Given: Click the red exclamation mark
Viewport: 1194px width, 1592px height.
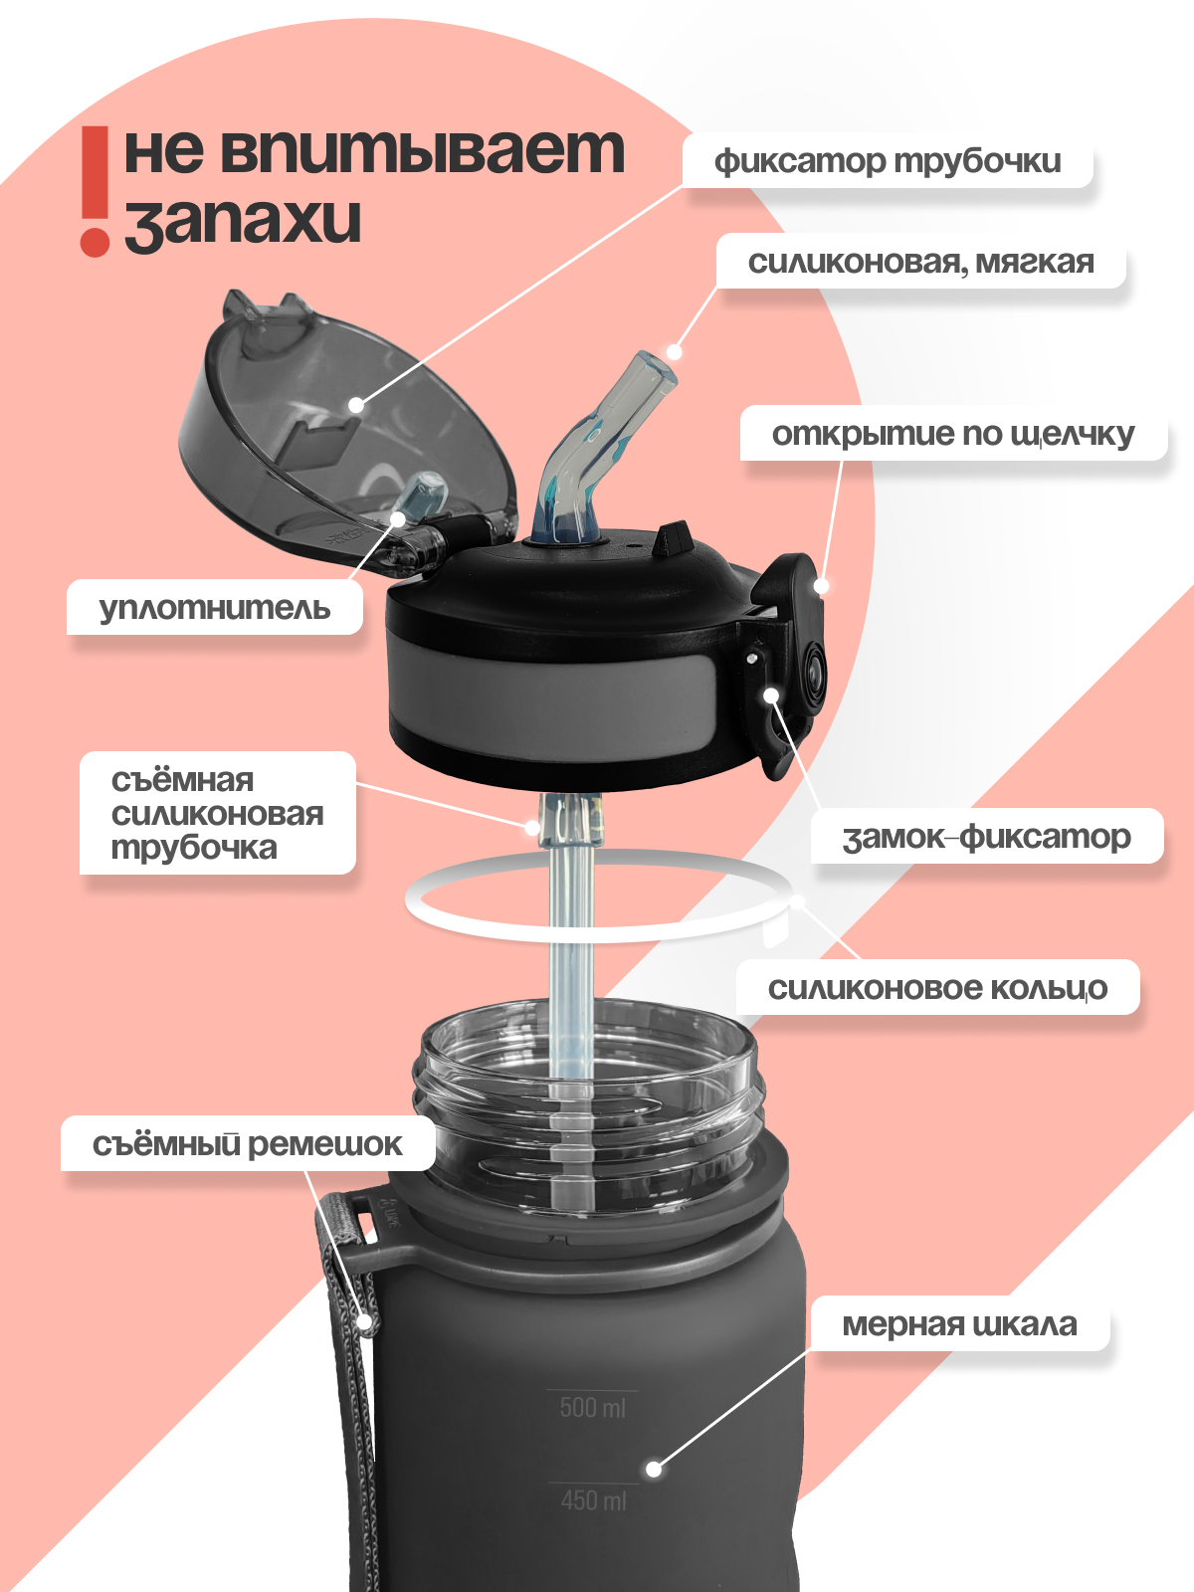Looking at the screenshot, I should click(x=96, y=189).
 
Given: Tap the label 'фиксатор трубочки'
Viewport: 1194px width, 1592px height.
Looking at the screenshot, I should click(x=888, y=160).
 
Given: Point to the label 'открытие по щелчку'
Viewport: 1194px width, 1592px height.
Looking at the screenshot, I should click(x=952, y=434).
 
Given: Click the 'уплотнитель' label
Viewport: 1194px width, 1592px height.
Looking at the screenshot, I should click(x=214, y=607).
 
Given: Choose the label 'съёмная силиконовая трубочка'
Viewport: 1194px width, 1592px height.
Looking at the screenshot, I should click(x=217, y=813).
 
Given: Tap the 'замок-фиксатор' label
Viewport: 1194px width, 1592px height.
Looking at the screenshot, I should click(x=986, y=836).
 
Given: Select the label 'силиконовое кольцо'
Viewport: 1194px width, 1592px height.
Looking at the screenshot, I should click(x=936, y=987).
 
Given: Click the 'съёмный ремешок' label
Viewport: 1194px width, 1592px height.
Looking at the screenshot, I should click(x=247, y=1143).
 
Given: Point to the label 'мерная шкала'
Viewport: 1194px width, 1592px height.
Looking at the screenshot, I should click(x=959, y=1323).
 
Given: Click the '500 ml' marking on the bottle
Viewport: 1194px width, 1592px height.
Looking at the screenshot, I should click(x=592, y=1407).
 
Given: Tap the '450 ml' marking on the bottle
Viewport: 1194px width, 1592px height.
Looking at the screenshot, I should click(x=593, y=1499).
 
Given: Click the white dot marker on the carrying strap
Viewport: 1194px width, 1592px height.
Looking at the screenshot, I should click(x=366, y=1322).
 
